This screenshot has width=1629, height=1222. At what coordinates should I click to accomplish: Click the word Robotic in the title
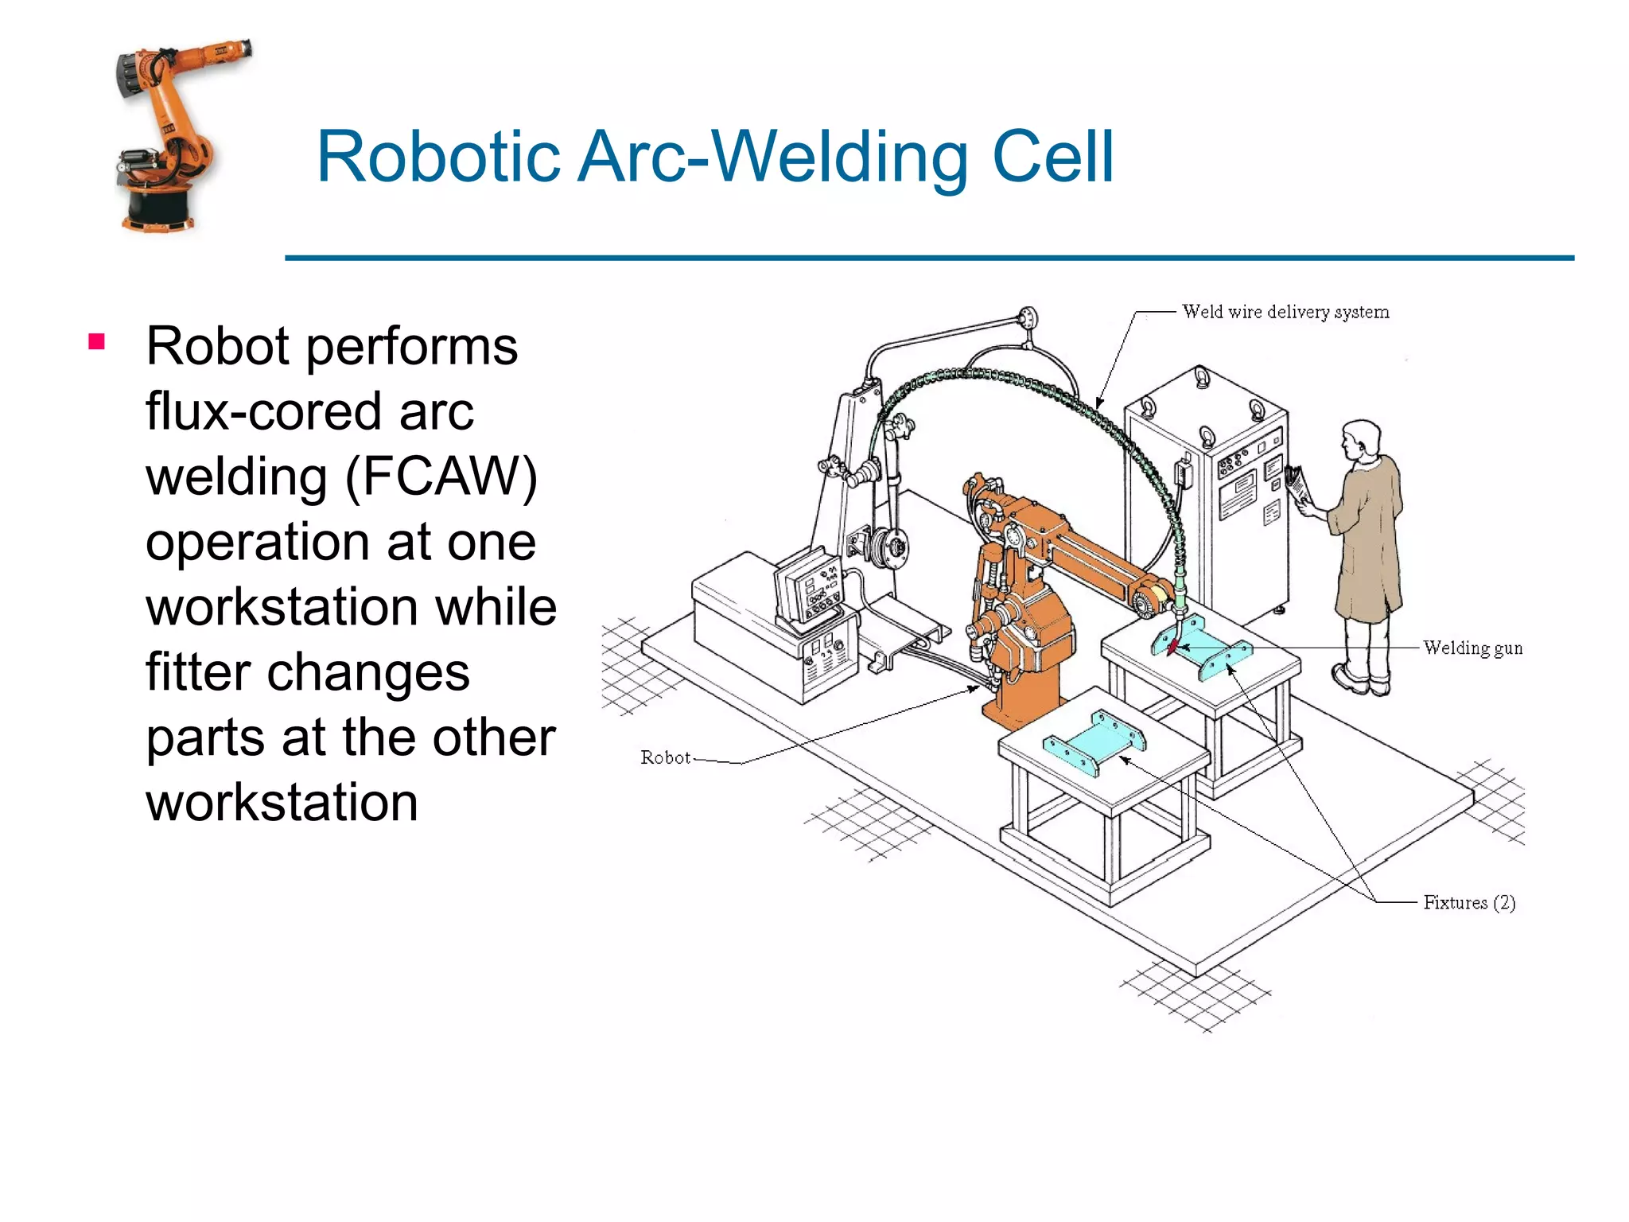[x=438, y=157]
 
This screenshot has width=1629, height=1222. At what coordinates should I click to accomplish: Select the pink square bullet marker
[x=97, y=342]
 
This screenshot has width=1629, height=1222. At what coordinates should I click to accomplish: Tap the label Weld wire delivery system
[x=1285, y=312]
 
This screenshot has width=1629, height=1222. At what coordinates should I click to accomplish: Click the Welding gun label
[x=1472, y=648]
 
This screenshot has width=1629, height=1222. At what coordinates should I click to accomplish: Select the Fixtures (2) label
[x=1468, y=902]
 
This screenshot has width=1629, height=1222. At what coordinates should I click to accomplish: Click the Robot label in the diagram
[x=665, y=757]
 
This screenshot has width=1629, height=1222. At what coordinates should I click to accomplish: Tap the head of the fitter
[x=1362, y=440]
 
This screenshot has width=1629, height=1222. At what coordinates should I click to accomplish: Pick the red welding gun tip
[x=1172, y=645]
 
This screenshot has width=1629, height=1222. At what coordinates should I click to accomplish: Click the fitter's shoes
[x=1362, y=680]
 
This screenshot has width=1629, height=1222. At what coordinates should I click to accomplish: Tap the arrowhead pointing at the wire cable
[x=1099, y=403]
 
